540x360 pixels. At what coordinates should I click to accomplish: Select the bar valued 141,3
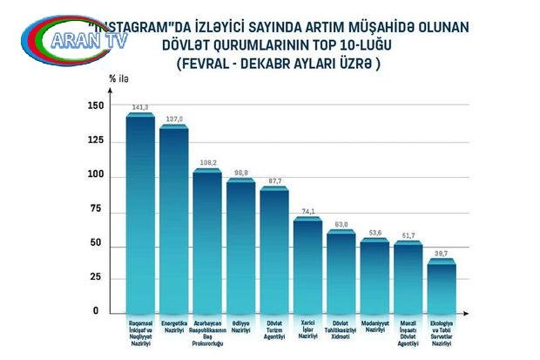(x=140, y=214)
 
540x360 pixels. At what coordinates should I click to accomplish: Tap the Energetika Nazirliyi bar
(x=173, y=218)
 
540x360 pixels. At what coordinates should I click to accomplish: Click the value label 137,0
(x=174, y=120)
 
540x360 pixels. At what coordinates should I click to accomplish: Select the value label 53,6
(x=375, y=233)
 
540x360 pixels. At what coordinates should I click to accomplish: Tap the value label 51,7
(x=408, y=235)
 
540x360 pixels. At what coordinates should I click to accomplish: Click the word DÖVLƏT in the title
(x=208, y=47)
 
